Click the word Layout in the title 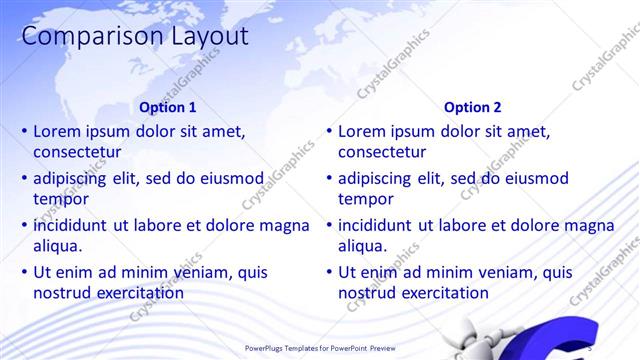click(200, 37)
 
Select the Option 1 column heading click(168, 107)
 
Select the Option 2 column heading click(473, 107)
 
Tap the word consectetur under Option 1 click(77, 153)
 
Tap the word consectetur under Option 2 click(382, 153)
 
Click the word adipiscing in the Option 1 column click(72, 179)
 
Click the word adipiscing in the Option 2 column click(377, 179)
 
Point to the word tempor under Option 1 click(60, 199)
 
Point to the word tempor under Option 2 click(365, 199)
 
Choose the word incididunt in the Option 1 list click(70, 225)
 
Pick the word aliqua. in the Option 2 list click(364, 246)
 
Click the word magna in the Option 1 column click(286, 225)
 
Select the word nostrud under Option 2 click(367, 293)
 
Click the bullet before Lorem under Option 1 click(25, 131)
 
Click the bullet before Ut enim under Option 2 click(330, 272)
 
